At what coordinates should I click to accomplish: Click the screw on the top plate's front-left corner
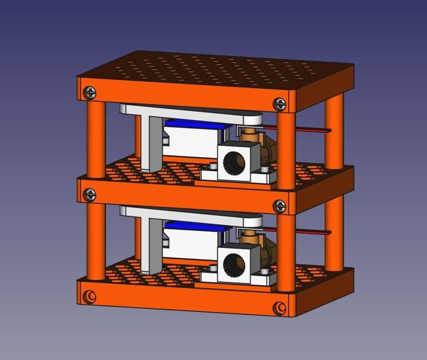(x=90, y=93)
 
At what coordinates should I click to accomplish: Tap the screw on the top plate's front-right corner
(x=279, y=104)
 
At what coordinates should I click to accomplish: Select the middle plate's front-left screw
(x=90, y=195)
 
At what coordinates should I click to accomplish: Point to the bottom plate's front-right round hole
(x=279, y=308)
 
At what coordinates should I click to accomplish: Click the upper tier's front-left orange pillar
(x=96, y=139)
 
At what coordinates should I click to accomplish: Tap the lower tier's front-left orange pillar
(x=96, y=240)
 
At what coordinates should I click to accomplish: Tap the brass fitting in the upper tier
(x=262, y=147)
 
